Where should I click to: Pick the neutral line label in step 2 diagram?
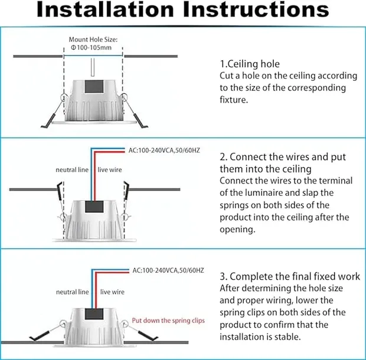pyautogui.click(x=71, y=170)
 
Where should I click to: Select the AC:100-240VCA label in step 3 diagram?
pyautogui.click(x=168, y=270)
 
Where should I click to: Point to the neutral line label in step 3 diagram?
pyautogui.click(x=73, y=292)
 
